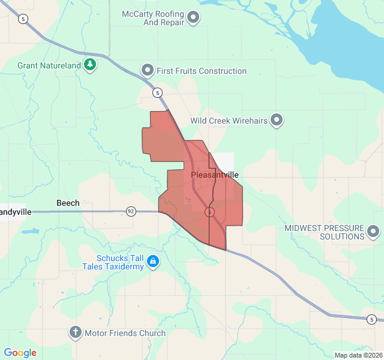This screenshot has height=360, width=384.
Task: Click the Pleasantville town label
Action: coord(215,175)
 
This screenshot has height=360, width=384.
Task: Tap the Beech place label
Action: coord(68,203)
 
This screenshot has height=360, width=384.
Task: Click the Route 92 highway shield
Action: coord(131,211)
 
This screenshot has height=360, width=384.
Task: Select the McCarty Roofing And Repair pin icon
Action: coord(193,18)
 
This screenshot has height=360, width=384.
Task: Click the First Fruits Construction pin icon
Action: coord(148,71)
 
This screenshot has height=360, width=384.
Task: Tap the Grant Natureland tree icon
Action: coord(90,65)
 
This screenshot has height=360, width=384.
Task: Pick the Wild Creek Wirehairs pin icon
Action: coord(277,121)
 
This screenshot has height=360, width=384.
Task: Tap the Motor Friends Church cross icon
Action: coord(76,333)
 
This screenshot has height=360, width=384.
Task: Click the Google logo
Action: coord(20,353)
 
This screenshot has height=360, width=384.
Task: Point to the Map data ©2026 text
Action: coord(357,355)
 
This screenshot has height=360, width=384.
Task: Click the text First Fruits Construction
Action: coord(202,71)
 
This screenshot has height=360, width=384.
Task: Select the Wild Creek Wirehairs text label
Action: coord(229,121)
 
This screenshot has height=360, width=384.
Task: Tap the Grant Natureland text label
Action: coord(49,65)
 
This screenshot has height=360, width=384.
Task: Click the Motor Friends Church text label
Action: coord(125,333)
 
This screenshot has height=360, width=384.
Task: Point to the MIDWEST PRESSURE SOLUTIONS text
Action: coord(324,232)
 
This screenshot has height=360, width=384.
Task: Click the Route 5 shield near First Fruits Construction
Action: coord(157,92)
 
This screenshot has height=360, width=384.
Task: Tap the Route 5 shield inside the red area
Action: coord(209,212)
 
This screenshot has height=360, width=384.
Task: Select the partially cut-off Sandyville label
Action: coord(16,212)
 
